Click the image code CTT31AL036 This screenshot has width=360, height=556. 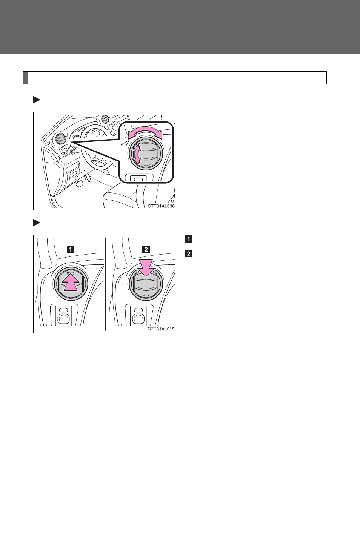[x=161, y=206]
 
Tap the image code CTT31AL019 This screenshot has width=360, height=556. [x=161, y=329]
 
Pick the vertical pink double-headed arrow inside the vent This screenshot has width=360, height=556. [x=136, y=154]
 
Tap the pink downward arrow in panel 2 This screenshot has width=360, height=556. [x=146, y=267]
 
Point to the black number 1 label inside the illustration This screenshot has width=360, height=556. [x=71, y=249]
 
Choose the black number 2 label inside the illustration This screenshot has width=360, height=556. [x=146, y=249]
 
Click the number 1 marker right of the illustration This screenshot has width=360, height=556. [x=189, y=239]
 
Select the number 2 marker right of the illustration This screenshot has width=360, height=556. [x=189, y=254]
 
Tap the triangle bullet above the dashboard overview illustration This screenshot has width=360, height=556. [x=37, y=100]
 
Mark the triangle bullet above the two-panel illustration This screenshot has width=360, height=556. [x=37, y=223]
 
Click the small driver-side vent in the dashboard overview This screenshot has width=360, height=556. [x=60, y=138]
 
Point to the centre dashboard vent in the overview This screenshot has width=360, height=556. [x=105, y=119]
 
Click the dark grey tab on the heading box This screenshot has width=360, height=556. [x=26, y=78]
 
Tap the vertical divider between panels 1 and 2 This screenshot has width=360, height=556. [x=105, y=284]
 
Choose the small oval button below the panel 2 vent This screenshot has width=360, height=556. [x=138, y=310]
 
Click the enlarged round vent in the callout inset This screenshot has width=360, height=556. [x=146, y=154]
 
